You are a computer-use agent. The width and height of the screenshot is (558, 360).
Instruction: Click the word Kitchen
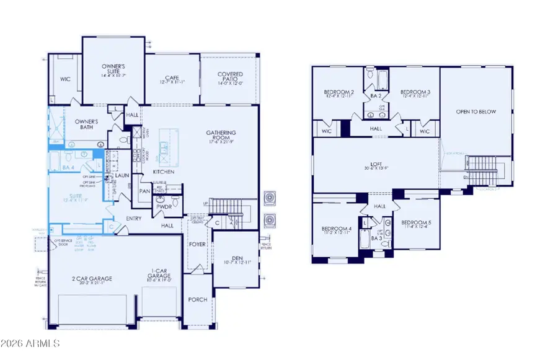163,172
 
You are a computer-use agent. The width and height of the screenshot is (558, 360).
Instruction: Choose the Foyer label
197,244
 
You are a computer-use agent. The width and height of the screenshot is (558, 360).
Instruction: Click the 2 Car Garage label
92,279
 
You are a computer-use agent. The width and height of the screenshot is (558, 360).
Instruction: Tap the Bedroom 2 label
339,93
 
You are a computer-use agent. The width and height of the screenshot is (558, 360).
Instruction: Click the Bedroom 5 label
414,223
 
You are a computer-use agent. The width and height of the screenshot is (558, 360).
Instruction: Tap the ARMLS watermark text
31,343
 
